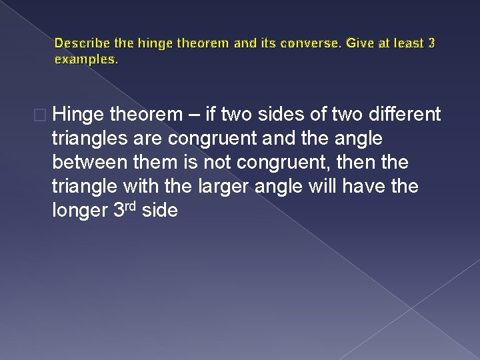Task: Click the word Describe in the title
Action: click(x=78, y=43)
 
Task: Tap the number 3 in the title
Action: click(x=432, y=43)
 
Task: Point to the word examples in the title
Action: click(x=85, y=59)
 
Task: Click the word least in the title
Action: click(x=406, y=43)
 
